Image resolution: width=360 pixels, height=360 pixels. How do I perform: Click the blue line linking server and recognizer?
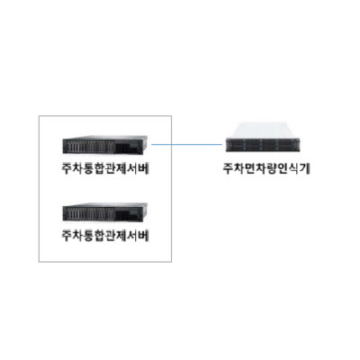pos(186,144)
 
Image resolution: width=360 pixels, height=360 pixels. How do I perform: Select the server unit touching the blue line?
pos(104,145)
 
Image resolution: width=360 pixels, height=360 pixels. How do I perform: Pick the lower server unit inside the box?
pos(104,212)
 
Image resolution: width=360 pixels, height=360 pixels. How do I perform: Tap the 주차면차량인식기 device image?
pos(263,137)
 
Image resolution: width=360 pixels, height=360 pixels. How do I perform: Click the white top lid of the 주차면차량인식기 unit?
pos(262,130)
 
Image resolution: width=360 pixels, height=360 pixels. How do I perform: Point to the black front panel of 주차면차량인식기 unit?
pos(263,145)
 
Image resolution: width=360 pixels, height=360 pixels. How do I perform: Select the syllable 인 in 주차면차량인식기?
pos(284,169)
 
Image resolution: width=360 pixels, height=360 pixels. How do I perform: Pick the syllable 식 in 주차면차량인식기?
pos(296,169)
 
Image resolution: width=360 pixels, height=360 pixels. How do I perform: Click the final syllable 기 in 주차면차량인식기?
pos(306,169)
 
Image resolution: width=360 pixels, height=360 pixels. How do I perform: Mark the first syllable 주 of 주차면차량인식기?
pos(228,169)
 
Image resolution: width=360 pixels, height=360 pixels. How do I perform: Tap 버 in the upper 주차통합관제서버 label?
pos(144,169)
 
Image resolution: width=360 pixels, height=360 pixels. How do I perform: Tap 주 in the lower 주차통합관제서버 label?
pos(67,236)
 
